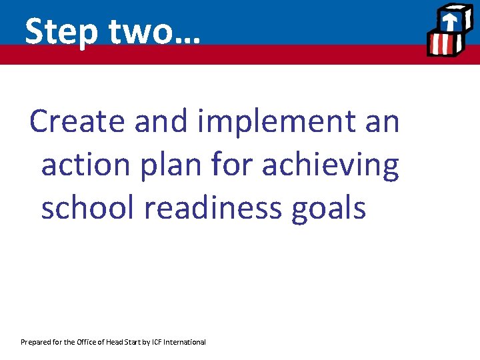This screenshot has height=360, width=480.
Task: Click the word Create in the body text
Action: click(x=77, y=121)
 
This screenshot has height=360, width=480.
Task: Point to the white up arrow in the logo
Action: click(x=450, y=21)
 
